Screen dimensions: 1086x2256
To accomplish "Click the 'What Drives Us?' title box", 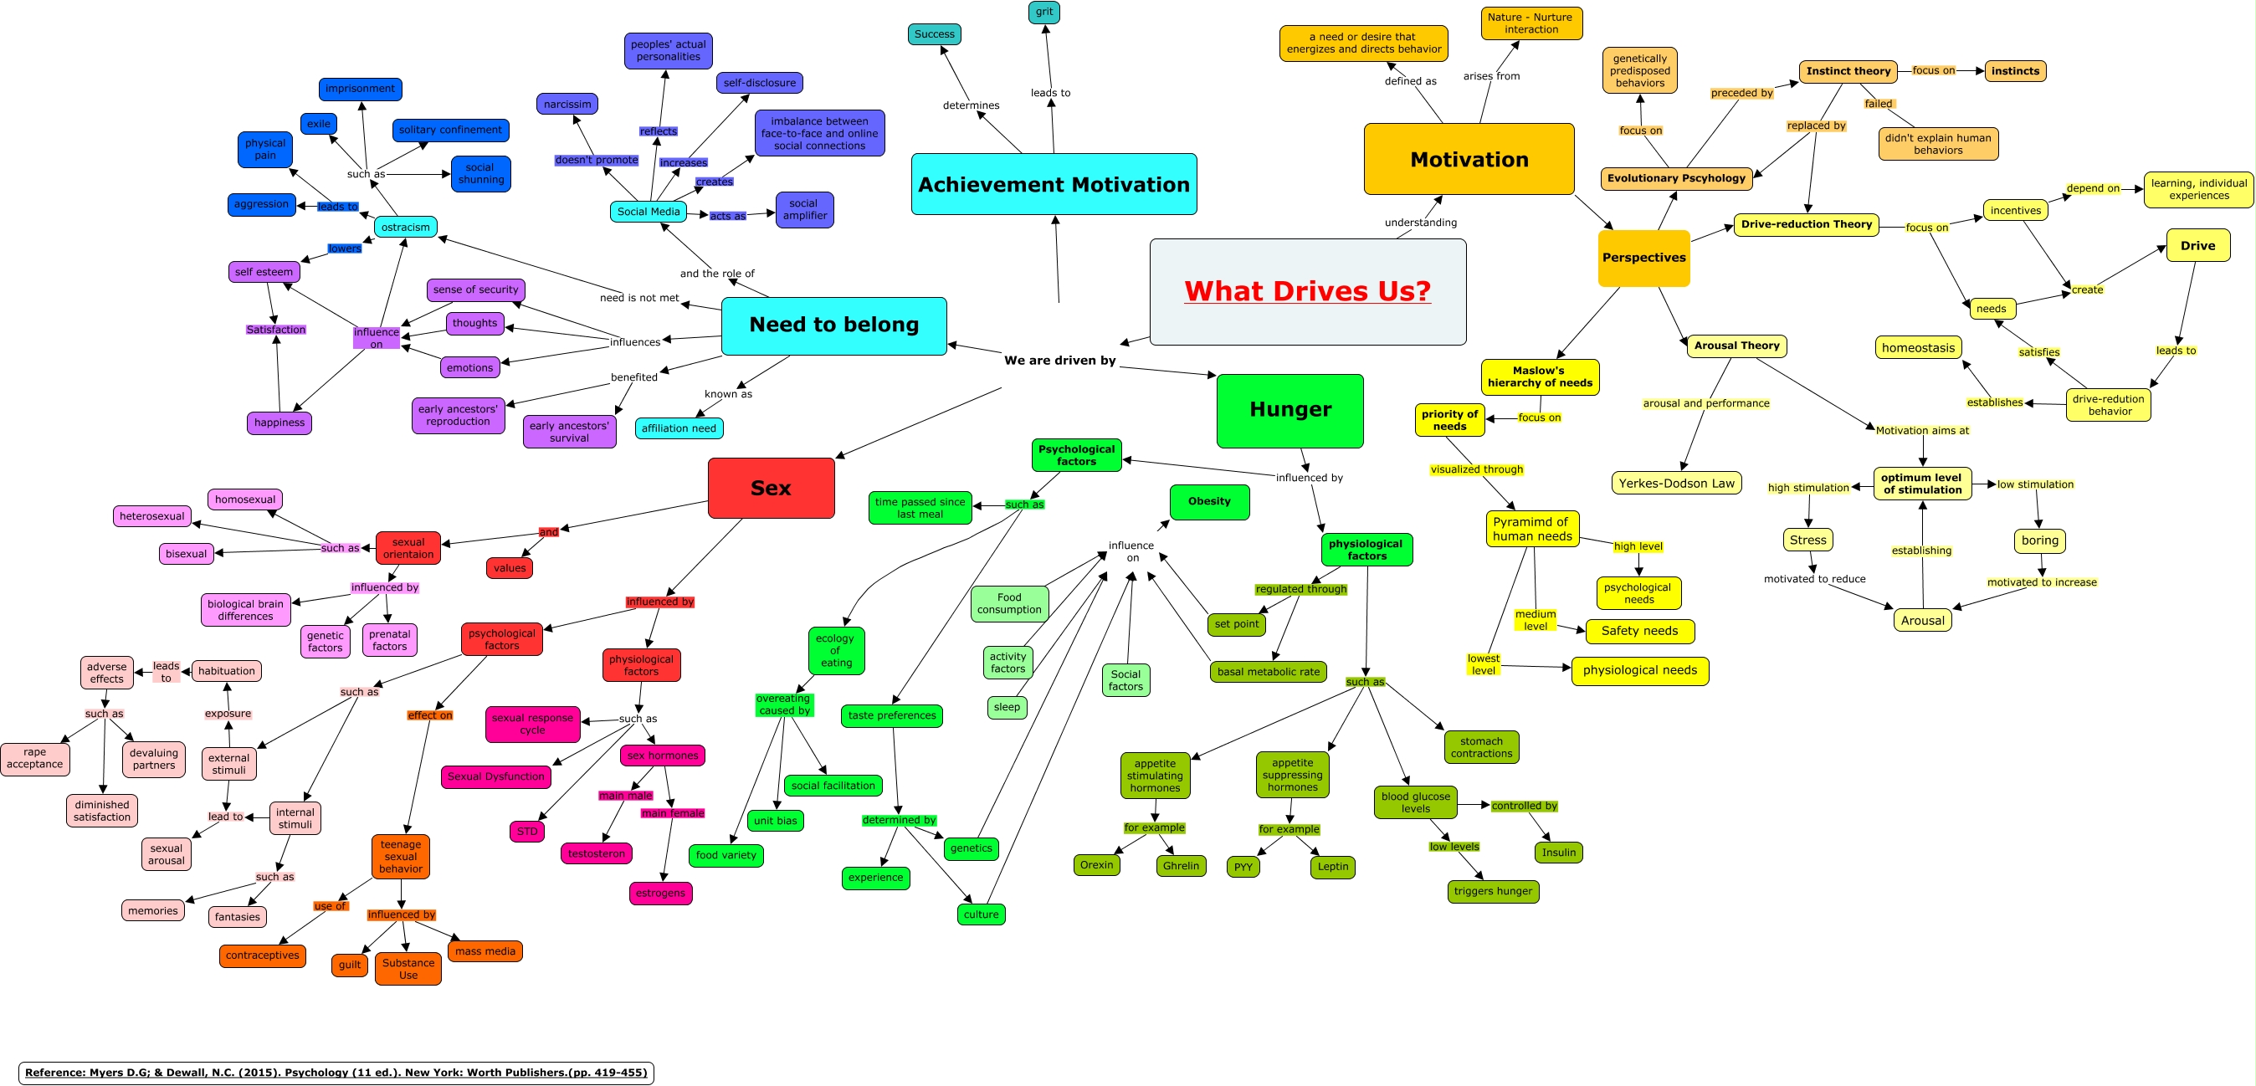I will (1308, 292).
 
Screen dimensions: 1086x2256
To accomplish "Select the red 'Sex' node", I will (771, 488).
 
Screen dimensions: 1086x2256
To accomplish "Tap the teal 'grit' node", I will (1044, 13).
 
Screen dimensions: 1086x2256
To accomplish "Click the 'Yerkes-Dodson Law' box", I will (1676, 484).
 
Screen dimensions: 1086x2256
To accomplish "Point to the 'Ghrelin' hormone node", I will (1181, 866).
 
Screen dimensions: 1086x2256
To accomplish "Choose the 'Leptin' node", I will (1333, 867).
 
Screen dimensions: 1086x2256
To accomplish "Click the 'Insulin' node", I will (1558, 853).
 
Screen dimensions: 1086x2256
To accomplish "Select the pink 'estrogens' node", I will (660, 894).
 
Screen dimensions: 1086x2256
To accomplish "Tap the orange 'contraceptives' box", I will (263, 955).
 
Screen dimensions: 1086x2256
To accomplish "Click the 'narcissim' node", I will (567, 105).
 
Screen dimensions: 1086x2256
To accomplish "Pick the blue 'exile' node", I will (319, 125).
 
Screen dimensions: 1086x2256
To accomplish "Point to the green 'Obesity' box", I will (1209, 502).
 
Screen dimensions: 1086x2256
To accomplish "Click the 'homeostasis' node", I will (1918, 348).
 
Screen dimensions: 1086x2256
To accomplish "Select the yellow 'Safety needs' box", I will (1639, 632).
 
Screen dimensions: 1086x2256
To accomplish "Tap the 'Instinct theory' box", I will (1848, 72).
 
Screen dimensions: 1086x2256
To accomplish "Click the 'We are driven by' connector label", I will (1059, 361).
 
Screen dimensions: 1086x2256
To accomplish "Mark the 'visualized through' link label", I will (1477, 469).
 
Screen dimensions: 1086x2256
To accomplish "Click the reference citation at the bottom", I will (336, 1073).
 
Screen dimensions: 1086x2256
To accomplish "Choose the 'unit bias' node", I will (775, 821).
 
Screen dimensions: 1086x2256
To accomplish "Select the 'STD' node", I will (527, 832).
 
